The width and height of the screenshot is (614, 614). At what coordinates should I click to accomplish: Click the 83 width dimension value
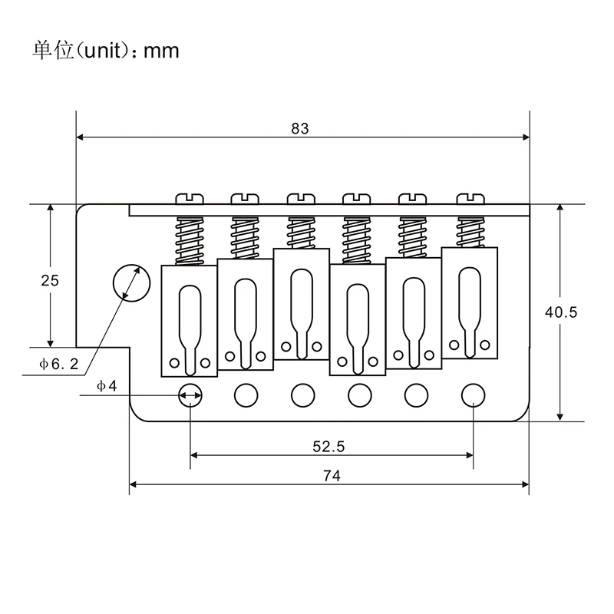point(300,129)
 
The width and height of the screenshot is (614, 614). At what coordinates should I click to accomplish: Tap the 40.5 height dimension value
point(560,312)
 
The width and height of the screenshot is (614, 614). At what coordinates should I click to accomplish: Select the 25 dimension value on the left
point(50,280)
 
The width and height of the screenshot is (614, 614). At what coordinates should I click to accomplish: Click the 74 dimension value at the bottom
point(332,475)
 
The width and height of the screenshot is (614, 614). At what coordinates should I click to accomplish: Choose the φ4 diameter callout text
point(107,385)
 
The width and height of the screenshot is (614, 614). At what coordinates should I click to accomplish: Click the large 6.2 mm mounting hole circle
point(128,282)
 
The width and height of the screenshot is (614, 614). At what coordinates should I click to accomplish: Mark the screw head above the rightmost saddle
point(470,199)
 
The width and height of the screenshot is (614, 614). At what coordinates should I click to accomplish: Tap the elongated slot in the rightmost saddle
point(470,302)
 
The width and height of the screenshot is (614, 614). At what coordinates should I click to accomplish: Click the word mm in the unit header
point(162,51)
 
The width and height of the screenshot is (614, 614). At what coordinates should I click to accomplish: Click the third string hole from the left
point(302,395)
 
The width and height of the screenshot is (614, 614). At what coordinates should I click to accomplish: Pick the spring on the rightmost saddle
point(470,229)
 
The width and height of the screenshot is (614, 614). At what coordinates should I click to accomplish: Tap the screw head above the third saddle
point(302,199)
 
